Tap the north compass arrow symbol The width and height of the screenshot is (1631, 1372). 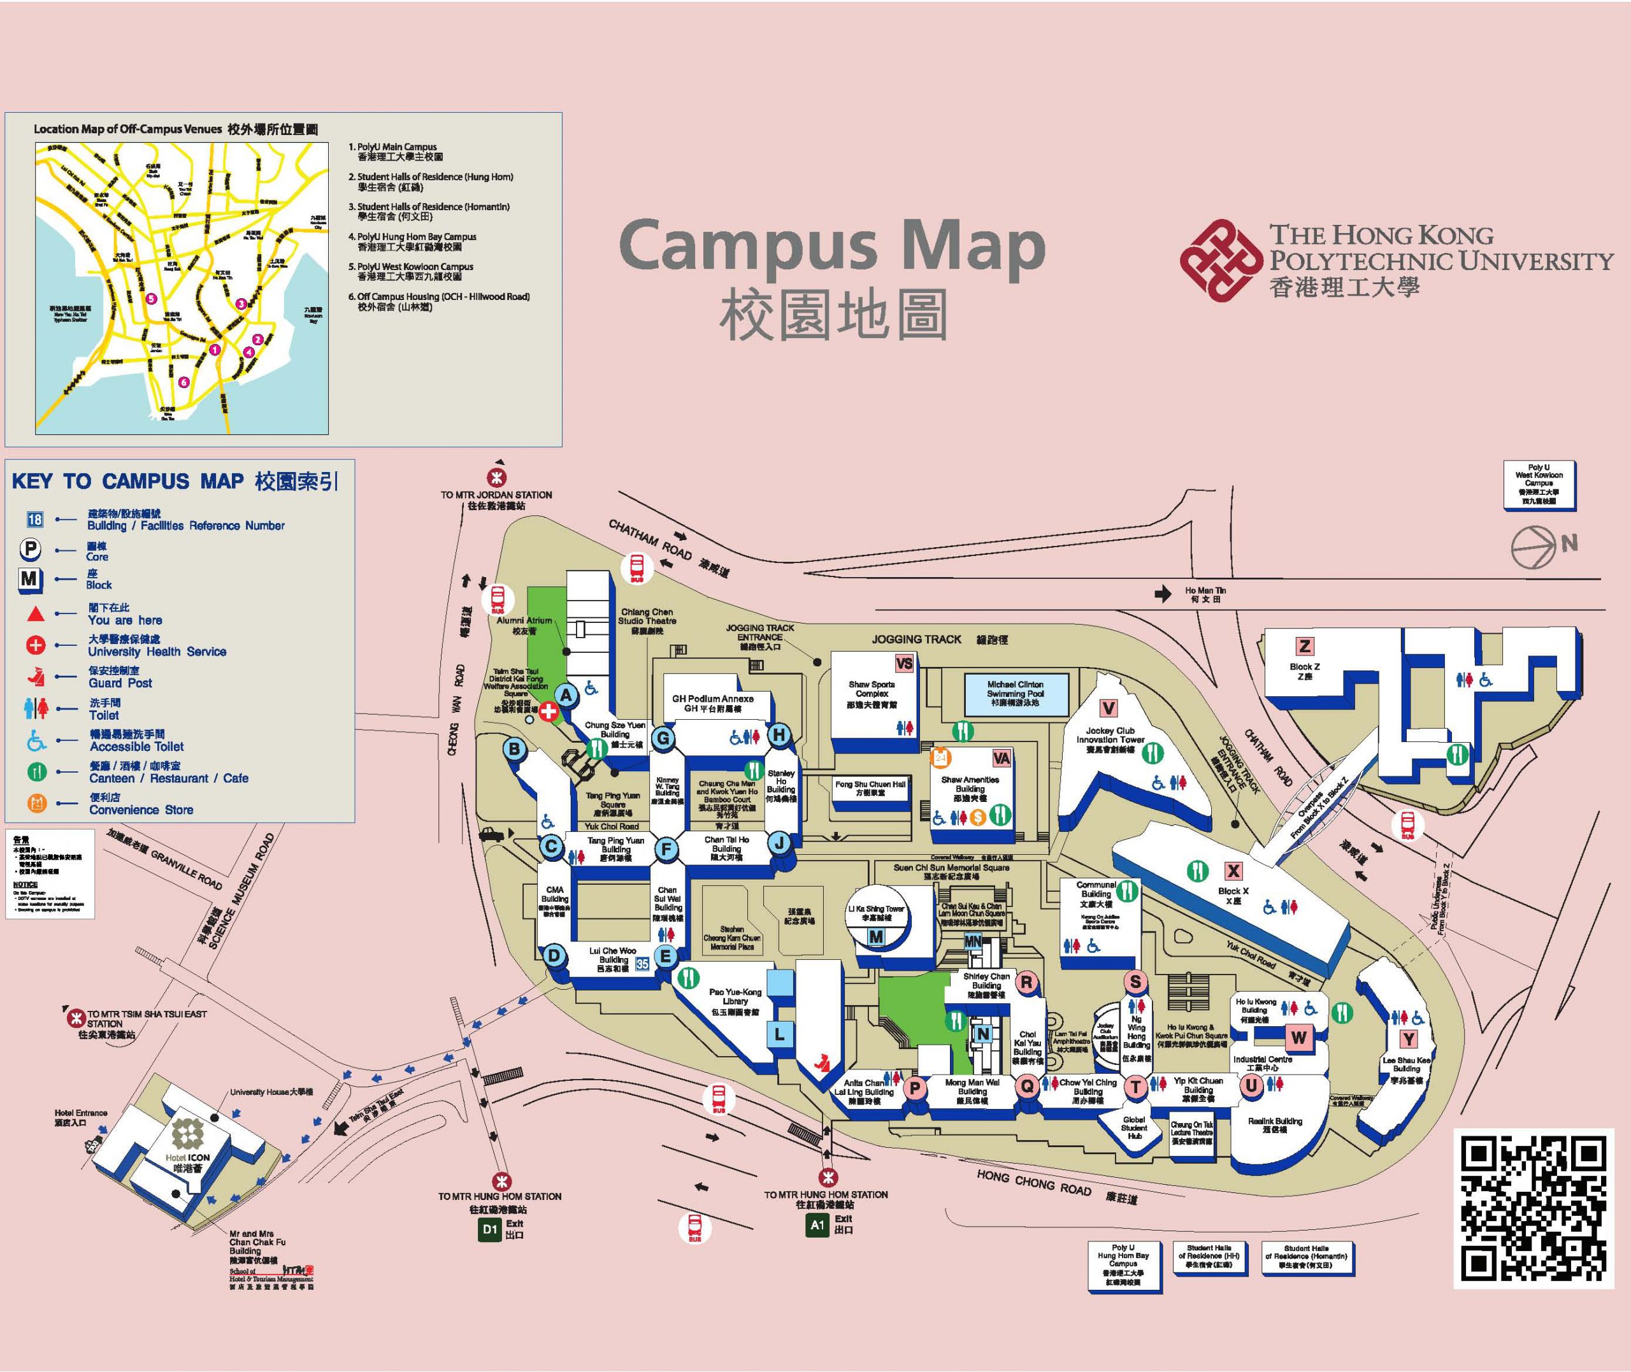1533,547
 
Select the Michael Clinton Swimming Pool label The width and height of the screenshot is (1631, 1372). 1015,693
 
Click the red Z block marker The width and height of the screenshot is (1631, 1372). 1304,646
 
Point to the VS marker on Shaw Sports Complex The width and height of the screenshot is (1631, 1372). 905,664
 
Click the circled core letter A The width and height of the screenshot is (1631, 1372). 566,696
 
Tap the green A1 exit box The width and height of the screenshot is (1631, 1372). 817,1225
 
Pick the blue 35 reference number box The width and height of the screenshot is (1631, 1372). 642,964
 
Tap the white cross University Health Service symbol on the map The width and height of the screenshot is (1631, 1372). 549,711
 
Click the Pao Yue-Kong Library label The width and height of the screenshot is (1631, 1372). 735,1001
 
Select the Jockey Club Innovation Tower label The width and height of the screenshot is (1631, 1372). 1110,736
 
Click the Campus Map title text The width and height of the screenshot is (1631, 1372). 831,247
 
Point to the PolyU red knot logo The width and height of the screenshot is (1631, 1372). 1219,260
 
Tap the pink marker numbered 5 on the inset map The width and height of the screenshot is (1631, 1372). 151,298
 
